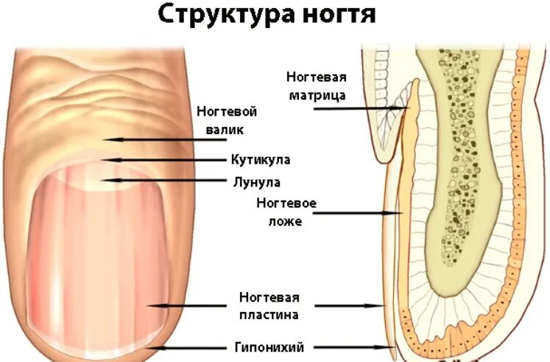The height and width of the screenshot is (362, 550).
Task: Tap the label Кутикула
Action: coord(260,159)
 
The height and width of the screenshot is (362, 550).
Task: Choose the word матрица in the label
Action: coord(316,94)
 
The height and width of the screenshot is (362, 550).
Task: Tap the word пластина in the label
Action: coord(269,316)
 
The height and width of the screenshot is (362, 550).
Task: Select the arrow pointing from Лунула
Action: coord(162,181)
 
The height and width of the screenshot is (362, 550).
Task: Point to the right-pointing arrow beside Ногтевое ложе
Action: coord(353,214)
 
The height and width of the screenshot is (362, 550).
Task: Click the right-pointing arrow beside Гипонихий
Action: coord(353,347)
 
